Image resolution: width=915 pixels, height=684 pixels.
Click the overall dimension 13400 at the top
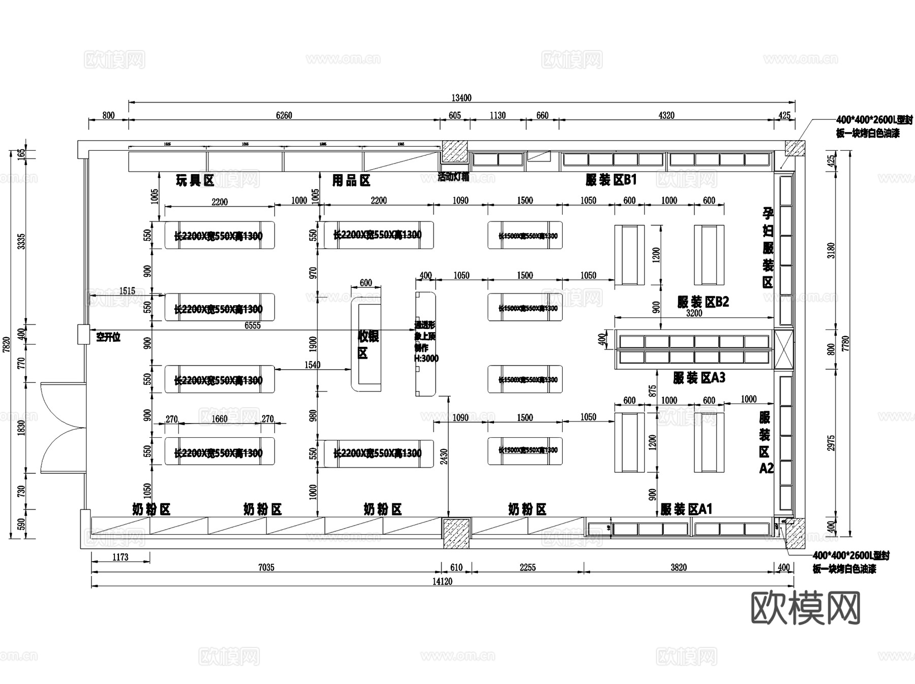pos(461,98)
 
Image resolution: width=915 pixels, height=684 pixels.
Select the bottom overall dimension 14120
pos(442,581)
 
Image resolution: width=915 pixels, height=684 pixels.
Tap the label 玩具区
pos(195,180)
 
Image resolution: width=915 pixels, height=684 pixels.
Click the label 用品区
pos(351,180)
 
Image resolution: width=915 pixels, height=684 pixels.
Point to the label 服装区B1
pos(611,180)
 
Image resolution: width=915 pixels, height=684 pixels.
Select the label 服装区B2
pos(703,302)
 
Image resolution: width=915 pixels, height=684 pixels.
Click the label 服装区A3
pos(698,378)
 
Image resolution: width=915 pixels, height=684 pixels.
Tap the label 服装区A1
pos(686,509)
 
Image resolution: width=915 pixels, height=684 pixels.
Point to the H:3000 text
pos(426,359)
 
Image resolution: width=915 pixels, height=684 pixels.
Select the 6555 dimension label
pos(252,325)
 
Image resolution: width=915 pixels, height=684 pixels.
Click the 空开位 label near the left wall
pos(108,337)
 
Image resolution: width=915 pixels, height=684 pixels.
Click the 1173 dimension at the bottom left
pos(120,557)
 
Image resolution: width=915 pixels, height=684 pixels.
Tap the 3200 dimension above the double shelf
pos(694,313)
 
